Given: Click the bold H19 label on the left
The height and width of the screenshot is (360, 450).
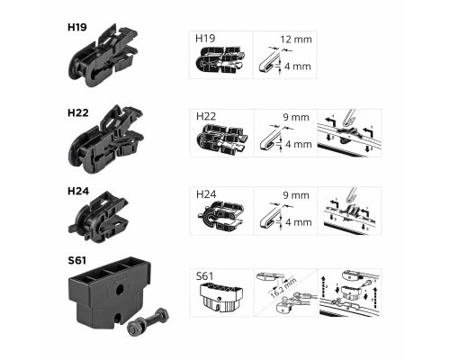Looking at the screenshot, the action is click(x=77, y=27).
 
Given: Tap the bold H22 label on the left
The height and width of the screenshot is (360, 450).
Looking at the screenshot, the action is click(x=78, y=112).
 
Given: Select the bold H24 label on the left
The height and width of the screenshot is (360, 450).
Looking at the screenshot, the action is click(x=78, y=191).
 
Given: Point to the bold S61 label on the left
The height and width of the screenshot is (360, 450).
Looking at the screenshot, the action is click(x=76, y=260).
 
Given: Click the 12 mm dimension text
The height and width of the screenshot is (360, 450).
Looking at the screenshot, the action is click(x=296, y=40).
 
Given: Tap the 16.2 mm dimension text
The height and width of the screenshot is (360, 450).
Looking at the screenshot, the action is click(x=283, y=287).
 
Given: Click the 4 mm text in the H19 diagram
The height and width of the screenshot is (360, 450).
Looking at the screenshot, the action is click(x=298, y=67).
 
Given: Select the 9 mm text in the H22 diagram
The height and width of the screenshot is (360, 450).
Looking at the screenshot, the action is click(x=296, y=117).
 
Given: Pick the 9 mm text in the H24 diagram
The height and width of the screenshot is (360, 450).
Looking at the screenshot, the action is click(x=296, y=195).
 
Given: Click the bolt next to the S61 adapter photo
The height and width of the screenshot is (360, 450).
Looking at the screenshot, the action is click(x=148, y=320).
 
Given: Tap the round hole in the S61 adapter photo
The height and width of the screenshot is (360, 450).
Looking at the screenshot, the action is click(x=120, y=289).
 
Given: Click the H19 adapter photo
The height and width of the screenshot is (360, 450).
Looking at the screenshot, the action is click(x=103, y=56).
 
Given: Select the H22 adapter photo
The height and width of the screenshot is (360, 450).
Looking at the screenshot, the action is click(x=106, y=139).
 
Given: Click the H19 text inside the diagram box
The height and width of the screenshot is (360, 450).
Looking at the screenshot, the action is click(x=205, y=39).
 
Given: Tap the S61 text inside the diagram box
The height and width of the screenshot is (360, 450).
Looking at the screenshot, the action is click(x=204, y=276).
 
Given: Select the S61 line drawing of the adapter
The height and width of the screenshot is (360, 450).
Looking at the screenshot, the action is click(x=221, y=298).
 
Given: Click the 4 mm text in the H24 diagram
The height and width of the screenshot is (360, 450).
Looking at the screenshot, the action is click(x=299, y=222).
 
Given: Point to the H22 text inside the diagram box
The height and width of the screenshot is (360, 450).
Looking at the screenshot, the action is click(x=206, y=116).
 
